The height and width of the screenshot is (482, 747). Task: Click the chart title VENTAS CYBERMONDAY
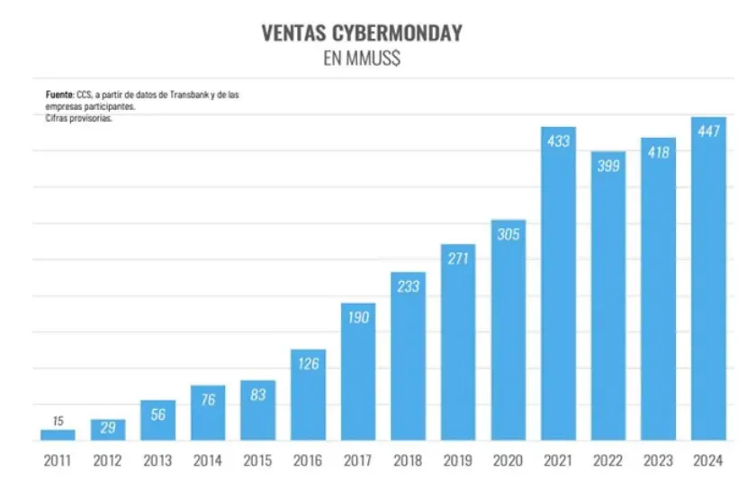tap(361, 33)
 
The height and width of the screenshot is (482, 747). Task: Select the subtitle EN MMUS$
tap(361, 60)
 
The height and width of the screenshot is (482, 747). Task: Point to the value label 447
tap(708, 132)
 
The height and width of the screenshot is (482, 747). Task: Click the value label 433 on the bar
tap(558, 141)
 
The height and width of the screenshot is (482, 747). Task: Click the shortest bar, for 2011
tap(58, 435)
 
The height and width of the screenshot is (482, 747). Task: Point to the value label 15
tap(58, 421)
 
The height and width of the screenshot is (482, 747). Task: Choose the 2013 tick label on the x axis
tap(157, 460)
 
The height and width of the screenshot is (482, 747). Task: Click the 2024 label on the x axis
tap(708, 460)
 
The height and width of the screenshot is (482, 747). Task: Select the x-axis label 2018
tap(408, 460)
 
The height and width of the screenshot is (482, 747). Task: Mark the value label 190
tap(358, 317)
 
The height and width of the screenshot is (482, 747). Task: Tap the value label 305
tap(508, 234)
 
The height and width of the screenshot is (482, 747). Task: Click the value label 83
tap(258, 395)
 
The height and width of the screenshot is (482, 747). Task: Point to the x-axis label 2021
tap(558, 460)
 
